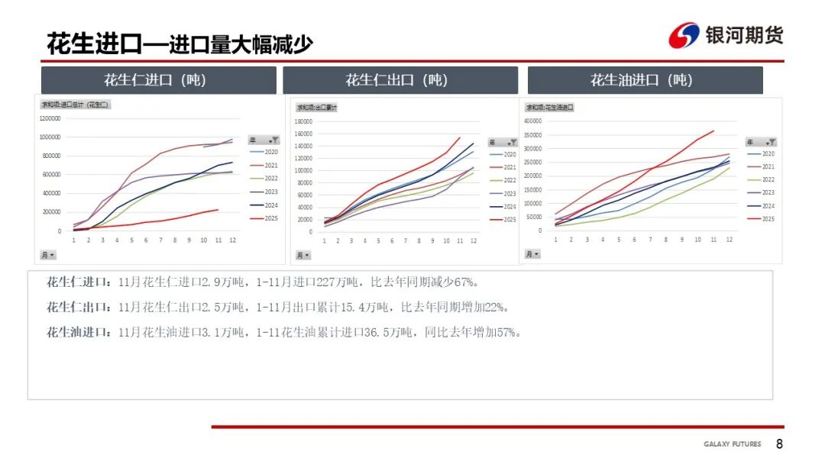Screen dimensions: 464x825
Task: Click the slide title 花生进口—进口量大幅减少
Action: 180,43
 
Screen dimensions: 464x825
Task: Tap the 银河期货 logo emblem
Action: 684,36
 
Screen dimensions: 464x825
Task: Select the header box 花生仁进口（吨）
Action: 158,80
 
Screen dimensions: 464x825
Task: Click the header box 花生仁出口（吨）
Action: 400,80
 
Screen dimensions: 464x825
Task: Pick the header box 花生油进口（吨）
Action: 645,80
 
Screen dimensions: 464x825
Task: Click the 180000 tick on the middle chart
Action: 304,121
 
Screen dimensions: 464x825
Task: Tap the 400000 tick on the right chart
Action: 532,121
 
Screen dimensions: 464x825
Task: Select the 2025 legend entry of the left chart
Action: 271,219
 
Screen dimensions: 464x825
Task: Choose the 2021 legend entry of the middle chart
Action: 510,167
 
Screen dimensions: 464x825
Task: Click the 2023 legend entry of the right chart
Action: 768,193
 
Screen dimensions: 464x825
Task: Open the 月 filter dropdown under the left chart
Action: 47,254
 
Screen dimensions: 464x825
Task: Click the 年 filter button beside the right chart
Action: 761,142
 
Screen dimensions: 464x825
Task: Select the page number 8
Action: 779,444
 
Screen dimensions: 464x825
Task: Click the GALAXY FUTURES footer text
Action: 732,444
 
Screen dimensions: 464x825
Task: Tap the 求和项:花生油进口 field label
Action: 549,108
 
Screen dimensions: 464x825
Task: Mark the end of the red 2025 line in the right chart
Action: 713,130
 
